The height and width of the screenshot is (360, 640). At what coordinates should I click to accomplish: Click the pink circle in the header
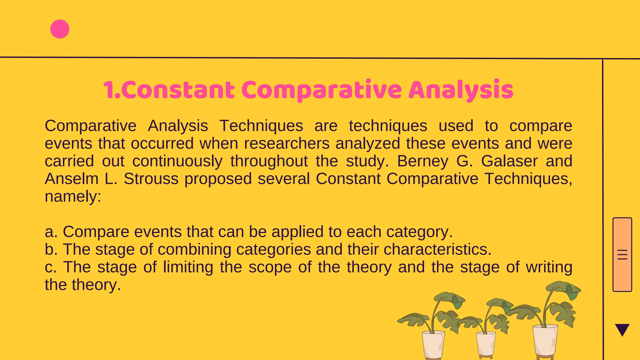pyautogui.click(x=60, y=29)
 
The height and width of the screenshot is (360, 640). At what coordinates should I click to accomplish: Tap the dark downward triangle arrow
pyautogui.click(x=622, y=329)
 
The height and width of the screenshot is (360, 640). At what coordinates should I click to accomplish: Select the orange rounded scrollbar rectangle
pyautogui.click(x=622, y=254)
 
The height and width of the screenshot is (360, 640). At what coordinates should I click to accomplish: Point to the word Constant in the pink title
pyautogui.click(x=179, y=90)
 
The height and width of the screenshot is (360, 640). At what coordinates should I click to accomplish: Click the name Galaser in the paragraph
pyautogui.click(x=509, y=161)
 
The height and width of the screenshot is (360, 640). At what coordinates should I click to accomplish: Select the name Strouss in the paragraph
pyautogui.click(x=151, y=179)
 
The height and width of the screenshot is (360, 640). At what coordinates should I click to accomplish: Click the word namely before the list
pyautogui.click(x=72, y=197)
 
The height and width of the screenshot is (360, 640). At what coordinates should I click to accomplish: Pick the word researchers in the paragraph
pyautogui.click(x=287, y=143)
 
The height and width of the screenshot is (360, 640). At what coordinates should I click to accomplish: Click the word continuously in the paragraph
pyautogui.click(x=177, y=161)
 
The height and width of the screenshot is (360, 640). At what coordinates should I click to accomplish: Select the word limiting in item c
pyautogui.click(x=188, y=267)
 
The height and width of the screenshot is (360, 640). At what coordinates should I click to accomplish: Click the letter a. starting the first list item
pyautogui.click(x=51, y=232)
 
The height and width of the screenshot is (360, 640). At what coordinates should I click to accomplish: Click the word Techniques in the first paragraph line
pyautogui.click(x=261, y=126)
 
